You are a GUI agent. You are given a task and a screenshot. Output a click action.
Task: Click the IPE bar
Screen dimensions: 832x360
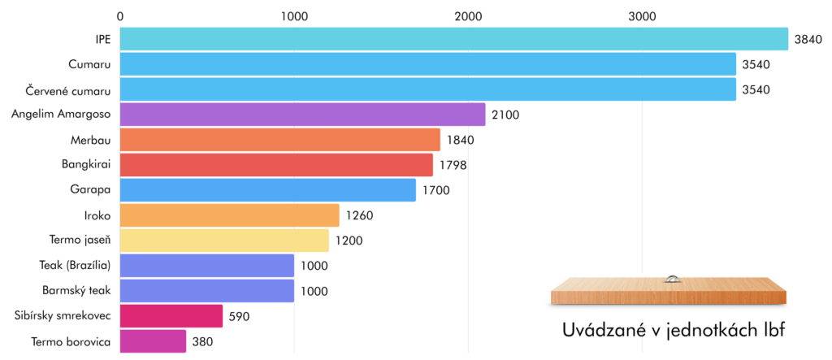click(454, 39)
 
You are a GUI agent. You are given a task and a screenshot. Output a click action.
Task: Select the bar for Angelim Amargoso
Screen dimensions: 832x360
click(303, 114)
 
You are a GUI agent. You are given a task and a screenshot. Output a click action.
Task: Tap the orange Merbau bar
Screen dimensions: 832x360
click(280, 140)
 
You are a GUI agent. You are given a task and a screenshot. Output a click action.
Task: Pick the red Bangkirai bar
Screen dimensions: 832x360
click(276, 165)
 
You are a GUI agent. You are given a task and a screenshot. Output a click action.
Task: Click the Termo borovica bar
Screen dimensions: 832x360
click(154, 340)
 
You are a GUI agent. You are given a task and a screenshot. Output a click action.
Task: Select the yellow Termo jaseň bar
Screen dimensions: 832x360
click(224, 240)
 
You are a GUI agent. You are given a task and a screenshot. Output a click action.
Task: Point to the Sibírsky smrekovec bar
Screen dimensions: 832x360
click(171, 316)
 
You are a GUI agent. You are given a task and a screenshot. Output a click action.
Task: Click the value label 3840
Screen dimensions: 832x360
click(808, 39)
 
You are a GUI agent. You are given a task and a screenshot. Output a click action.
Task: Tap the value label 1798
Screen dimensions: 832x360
click(453, 165)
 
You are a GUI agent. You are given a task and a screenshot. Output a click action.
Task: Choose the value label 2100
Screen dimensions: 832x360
click(505, 115)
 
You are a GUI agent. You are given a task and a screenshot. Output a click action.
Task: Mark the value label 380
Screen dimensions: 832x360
click(202, 341)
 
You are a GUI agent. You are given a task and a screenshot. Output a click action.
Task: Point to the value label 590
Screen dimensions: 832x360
click(240, 316)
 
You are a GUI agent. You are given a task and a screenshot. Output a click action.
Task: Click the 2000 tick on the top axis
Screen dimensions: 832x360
click(468, 16)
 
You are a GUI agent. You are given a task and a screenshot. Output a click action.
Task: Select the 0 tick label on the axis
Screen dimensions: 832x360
click(120, 16)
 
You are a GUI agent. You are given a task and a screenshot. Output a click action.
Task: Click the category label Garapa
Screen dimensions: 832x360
click(90, 189)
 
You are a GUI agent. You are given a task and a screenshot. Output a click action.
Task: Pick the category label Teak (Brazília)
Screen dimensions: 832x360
click(75, 265)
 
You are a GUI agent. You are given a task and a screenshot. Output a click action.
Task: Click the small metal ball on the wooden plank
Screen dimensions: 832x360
click(672, 279)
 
